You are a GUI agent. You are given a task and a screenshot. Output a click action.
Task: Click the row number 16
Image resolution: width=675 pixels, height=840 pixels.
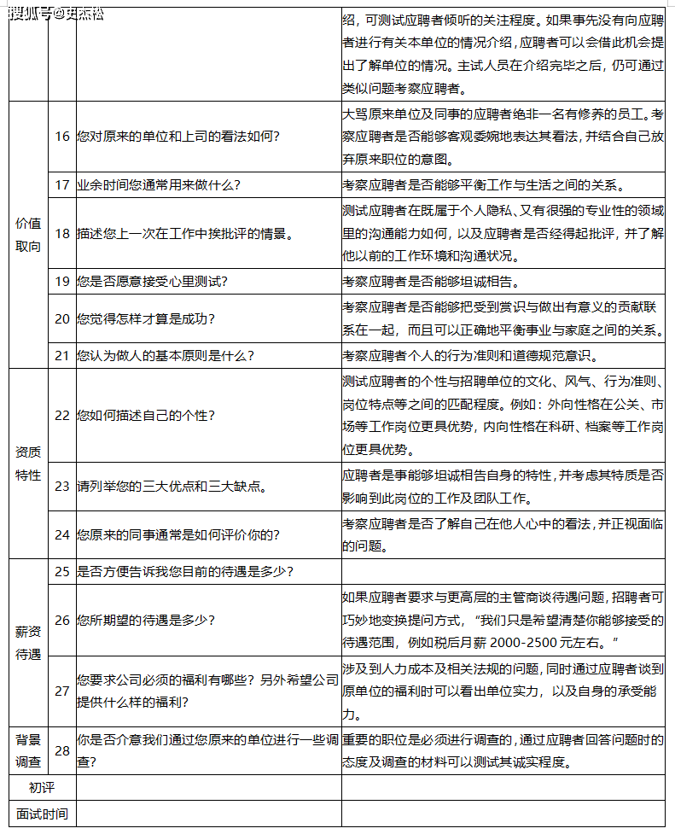pyautogui.click(x=62, y=137)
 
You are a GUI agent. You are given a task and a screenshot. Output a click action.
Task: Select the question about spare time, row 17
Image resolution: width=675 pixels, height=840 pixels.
pyautogui.click(x=159, y=184)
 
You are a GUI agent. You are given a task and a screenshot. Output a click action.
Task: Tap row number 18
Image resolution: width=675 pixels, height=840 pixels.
pyautogui.click(x=62, y=233)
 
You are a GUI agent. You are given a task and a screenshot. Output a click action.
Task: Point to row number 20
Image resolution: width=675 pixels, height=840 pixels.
pyautogui.click(x=62, y=318)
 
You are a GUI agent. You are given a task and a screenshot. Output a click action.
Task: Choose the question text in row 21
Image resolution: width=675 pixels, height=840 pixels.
pyautogui.click(x=165, y=355)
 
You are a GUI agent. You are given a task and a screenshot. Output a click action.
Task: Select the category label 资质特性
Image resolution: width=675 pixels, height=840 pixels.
pyautogui.click(x=28, y=464)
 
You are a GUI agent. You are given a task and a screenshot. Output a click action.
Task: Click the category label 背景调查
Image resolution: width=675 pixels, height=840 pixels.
pyautogui.click(x=28, y=751)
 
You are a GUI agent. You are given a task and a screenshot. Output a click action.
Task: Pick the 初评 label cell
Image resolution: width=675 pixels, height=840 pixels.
pyautogui.click(x=41, y=788)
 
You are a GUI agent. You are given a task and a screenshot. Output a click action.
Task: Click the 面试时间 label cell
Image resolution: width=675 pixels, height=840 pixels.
pyautogui.click(x=41, y=814)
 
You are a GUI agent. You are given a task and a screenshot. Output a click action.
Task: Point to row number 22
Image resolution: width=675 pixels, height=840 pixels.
pyautogui.click(x=62, y=416)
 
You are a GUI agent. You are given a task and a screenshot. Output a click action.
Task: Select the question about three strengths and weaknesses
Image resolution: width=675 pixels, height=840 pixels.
pyautogui.click(x=172, y=487)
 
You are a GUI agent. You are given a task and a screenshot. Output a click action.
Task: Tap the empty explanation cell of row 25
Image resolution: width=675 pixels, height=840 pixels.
pyautogui.click(x=503, y=571)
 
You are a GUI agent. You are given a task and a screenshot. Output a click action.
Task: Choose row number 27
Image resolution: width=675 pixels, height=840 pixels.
pyautogui.click(x=62, y=691)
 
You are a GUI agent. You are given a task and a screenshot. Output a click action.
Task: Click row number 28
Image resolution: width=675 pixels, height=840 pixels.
pyautogui.click(x=62, y=750)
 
